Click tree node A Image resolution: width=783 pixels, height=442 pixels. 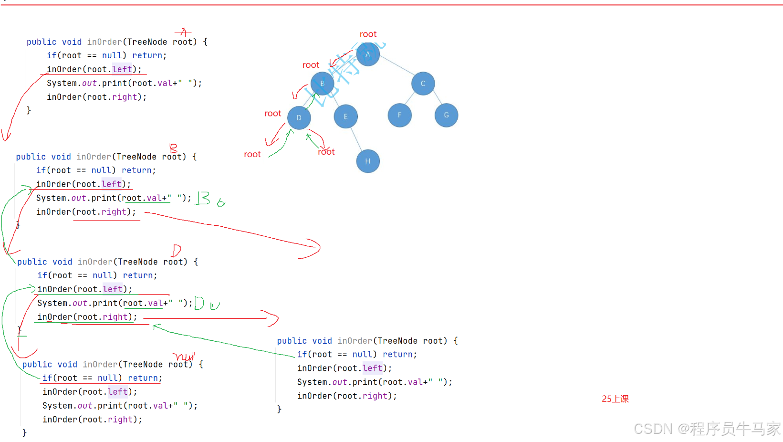coord(368,54)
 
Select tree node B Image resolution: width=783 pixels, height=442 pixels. coord(322,84)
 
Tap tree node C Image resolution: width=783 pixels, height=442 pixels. coord(423,84)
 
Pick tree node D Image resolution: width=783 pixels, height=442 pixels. coord(299,118)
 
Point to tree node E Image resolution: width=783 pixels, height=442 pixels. coord(345,116)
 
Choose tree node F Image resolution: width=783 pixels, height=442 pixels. coord(400,115)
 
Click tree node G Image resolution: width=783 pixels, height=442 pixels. coord(446,115)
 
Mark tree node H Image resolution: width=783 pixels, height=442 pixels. coord(368,161)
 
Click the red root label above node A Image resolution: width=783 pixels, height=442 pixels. coord(368,34)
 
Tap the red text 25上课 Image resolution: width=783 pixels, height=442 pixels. coord(615,399)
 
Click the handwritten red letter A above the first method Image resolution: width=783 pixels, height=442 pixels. coord(183,32)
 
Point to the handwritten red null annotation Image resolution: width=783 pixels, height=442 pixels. coord(184,356)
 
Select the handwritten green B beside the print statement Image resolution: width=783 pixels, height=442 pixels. coord(203,198)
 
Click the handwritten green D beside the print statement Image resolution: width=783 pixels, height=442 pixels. coord(199,303)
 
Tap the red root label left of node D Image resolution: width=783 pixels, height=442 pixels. coord(272,114)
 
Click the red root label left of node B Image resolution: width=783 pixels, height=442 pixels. coord(311,65)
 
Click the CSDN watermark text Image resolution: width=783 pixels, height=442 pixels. coord(707,429)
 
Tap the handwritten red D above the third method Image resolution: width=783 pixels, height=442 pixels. coord(177,250)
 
